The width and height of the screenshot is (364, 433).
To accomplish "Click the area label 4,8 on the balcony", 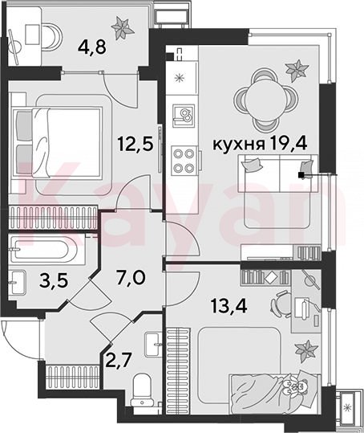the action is (x=91, y=47).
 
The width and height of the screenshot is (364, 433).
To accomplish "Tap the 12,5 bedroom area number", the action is (x=135, y=144).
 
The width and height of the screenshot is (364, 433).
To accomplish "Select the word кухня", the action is (x=239, y=145).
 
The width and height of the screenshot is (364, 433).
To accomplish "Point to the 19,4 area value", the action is (x=289, y=144).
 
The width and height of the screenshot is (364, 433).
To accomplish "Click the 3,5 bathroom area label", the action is (x=54, y=281).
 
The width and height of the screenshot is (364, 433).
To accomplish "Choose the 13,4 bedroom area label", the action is (x=229, y=305).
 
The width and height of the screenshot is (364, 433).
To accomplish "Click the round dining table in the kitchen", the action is (x=266, y=100).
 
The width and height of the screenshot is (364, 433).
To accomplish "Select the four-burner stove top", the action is (x=184, y=161).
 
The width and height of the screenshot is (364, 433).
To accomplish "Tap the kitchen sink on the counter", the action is (x=184, y=116).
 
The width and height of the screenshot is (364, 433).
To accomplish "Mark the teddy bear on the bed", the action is (x=296, y=386).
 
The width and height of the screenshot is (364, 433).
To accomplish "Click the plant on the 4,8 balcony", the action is (x=123, y=27).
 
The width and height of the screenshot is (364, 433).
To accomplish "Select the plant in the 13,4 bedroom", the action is (x=307, y=351).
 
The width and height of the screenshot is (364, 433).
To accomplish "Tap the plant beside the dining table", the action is (x=297, y=71).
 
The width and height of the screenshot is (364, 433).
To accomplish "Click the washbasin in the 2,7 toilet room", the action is (x=153, y=345).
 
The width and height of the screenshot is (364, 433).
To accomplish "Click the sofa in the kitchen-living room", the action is (x=277, y=174).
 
